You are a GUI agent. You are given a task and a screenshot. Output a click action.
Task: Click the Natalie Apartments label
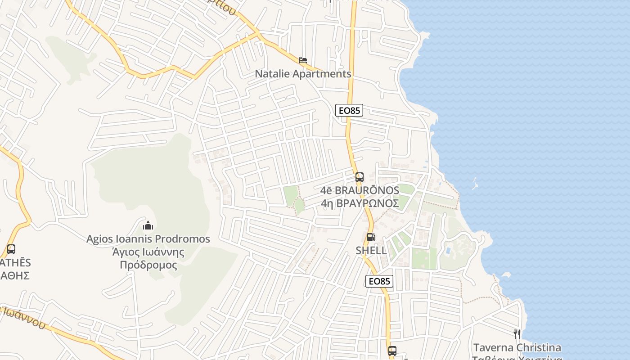click(303, 74)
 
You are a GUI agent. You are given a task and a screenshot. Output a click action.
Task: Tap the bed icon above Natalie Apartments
click(303, 60)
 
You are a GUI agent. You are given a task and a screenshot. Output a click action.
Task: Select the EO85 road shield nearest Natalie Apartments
click(349, 110)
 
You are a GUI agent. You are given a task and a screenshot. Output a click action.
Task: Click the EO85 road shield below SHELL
click(379, 281)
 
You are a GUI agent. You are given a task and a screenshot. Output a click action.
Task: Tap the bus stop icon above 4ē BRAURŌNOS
click(359, 177)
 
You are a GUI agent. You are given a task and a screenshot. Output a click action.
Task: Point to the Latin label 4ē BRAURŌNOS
click(360, 190)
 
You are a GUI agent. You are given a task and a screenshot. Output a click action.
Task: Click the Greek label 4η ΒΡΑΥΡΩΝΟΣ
click(360, 203)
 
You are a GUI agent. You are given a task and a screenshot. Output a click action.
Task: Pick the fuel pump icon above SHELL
click(371, 237)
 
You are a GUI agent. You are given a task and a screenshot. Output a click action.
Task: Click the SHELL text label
click(371, 251)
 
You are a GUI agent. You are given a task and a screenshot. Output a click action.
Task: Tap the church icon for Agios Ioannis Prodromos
click(148, 225)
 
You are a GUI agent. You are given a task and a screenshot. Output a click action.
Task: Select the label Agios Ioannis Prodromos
click(148, 239)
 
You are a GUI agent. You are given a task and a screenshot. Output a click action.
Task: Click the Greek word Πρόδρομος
click(148, 265)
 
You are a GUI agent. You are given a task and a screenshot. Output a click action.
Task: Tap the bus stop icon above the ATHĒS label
click(11, 249)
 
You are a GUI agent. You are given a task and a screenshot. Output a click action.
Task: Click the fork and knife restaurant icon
click(517, 334)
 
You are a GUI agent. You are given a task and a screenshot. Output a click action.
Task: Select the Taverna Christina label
click(517, 348)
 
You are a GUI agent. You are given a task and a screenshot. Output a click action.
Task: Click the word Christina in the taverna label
click(539, 348)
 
